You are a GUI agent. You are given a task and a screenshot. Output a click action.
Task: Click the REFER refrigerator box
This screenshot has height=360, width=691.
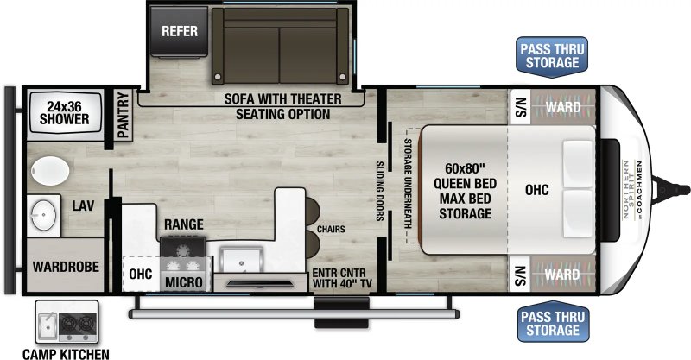[179, 31]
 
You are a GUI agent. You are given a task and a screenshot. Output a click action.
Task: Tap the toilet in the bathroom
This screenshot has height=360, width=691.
[50, 171]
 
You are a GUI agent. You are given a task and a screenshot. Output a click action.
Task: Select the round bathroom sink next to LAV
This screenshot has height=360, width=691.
[43, 216]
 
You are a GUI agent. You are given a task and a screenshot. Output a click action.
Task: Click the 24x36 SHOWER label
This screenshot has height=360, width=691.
[64, 112]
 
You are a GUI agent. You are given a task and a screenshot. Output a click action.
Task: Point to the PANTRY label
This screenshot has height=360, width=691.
[123, 115]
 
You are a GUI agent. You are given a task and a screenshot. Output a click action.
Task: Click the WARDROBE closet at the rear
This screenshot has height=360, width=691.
[66, 265]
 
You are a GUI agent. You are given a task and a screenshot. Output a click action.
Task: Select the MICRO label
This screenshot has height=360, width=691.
[184, 282]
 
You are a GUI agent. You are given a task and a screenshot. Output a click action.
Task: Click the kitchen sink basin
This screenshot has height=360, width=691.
[241, 260]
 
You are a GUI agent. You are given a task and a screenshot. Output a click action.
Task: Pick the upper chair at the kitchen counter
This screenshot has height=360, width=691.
[313, 211]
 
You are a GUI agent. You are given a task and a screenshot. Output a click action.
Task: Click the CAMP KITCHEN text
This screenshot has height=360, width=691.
[66, 354]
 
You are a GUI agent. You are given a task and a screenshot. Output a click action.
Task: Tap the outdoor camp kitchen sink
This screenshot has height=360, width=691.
[47, 325]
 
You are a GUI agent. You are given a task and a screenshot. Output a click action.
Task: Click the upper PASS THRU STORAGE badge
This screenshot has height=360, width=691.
[552, 56]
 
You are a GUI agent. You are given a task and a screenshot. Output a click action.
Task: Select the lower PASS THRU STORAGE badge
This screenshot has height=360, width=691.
[553, 322]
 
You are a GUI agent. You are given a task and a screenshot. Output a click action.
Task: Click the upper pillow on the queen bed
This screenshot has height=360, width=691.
[578, 164]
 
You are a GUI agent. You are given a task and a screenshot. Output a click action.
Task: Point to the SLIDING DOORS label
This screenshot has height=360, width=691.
[379, 191]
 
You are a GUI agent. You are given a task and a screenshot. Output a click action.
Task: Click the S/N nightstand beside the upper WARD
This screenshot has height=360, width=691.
[520, 107]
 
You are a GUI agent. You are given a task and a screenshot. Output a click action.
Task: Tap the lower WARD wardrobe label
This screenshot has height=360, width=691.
[562, 275]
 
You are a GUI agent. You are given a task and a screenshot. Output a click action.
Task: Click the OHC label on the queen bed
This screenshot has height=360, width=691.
[536, 190]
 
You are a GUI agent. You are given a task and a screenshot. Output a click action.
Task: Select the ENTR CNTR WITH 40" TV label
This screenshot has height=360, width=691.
[339, 278]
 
